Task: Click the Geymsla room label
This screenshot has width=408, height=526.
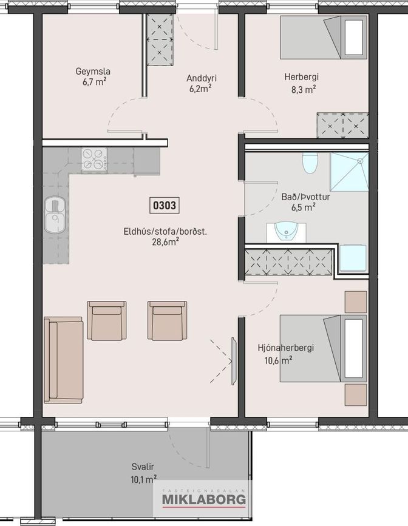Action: tap(93, 72)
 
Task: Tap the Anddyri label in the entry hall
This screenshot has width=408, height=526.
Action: tap(202, 78)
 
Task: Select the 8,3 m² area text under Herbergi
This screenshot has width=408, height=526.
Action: tap(304, 90)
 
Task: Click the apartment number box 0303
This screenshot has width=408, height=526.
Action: tap(165, 205)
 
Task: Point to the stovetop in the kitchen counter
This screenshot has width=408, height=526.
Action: tap(94, 160)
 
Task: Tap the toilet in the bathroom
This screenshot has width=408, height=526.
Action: tap(310, 163)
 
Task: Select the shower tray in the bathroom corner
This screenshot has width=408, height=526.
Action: tap(349, 172)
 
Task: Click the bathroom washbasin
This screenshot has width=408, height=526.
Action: tap(287, 232)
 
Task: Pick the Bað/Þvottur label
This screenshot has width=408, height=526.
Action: tap(305, 197)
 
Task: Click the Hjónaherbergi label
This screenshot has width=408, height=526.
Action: tap(286, 348)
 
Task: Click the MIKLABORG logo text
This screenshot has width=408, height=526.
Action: tap(204, 499)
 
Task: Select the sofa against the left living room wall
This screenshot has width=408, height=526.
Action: tap(64, 360)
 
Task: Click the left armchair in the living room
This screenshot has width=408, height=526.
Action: tap(107, 320)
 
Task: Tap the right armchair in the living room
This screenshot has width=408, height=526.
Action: tap(168, 320)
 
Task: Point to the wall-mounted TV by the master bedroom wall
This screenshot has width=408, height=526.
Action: tap(234, 362)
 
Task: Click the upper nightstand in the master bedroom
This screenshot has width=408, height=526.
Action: tap(356, 302)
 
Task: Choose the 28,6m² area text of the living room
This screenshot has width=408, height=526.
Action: tap(165, 242)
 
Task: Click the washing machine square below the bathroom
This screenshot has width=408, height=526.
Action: tap(353, 258)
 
